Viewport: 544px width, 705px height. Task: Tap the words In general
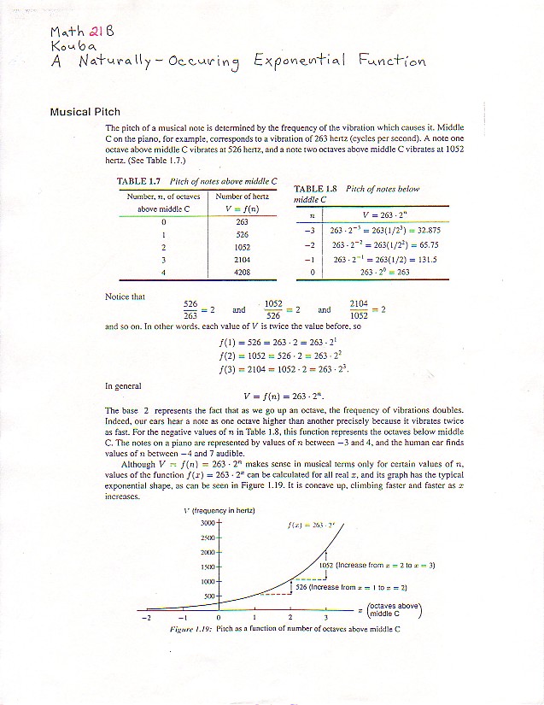(123, 385)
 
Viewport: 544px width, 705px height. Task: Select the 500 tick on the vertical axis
(211, 595)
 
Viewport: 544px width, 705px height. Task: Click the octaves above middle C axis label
(396, 609)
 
